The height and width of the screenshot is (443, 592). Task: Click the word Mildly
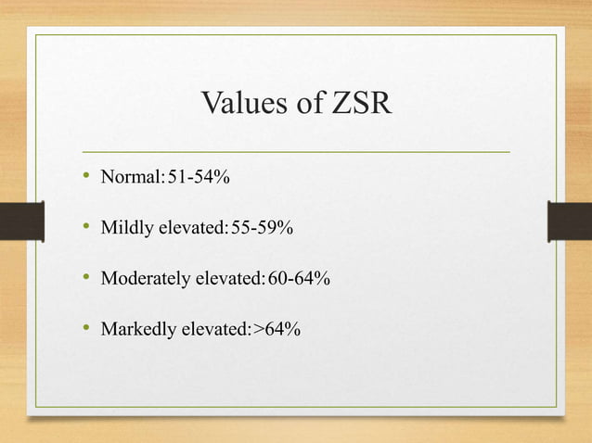point(125,227)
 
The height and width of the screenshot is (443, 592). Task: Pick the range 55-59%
point(262,227)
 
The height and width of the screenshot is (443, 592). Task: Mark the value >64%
point(277,329)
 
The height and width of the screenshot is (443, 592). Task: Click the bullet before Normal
point(85,176)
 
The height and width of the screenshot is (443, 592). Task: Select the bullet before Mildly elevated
point(85,226)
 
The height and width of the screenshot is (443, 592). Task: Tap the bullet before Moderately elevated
point(85,277)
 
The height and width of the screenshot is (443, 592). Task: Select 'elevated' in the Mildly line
point(191,227)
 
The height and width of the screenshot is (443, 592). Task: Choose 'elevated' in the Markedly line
point(214,329)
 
